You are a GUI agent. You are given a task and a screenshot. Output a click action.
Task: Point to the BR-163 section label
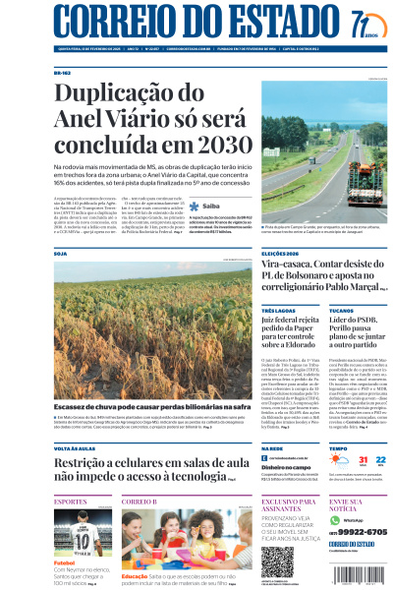point(62,73)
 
